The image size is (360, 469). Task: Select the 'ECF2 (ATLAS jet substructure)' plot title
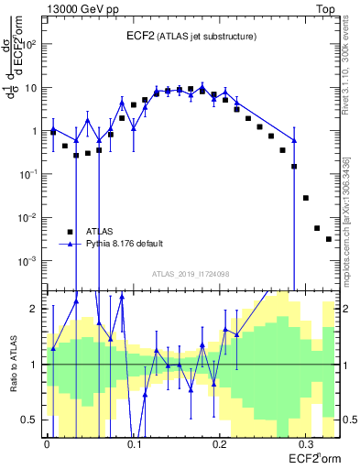pyautogui.click(x=191, y=36)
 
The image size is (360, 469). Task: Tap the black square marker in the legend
pyautogui.click(x=69, y=232)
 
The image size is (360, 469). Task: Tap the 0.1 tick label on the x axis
pyautogui.click(x=134, y=442)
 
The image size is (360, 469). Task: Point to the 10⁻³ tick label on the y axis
pyautogui.click(x=30, y=261)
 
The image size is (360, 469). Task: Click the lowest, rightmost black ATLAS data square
pyautogui.click(x=329, y=239)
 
